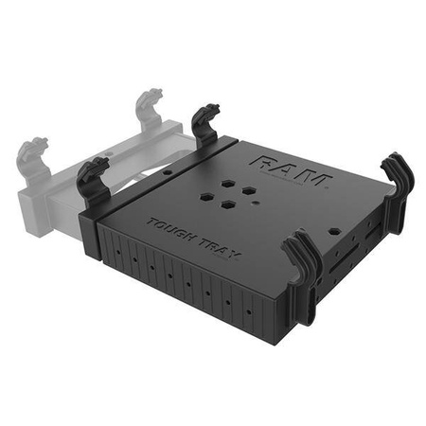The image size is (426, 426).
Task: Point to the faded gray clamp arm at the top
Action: pos(149,109)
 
